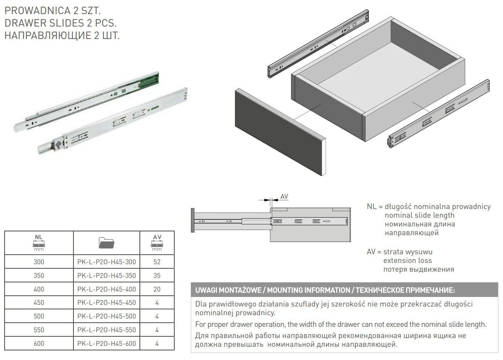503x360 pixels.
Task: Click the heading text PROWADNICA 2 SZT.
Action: pyautogui.click(x=53, y=10)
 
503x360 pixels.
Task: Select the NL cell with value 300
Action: pyautogui.click(x=39, y=262)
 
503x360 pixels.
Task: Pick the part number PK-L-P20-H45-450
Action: pyautogui.click(x=106, y=302)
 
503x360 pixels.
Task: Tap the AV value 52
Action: pyautogui.click(x=157, y=262)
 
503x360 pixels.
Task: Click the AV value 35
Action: pyautogui.click(x=157, y=275)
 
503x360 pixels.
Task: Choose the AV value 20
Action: pyautogui.click(x=157, y=289)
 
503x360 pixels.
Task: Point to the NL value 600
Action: pyautogui.click(x=39, y=343)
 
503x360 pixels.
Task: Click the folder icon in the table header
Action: pyautogui.click(x=106, y=243)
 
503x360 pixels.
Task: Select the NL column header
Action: pyautogui.click(x=39, y=243)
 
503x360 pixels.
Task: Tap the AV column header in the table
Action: pyautogui.click(x=157, y=243)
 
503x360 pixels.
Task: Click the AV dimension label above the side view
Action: pyautogui.click(x=284, y=197)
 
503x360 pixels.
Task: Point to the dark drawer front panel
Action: pyautogui.click(x=278, y=132)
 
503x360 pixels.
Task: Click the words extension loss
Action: pyautogui.click(x=408, y=260)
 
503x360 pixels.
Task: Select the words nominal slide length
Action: pyautogui.click(x=420, y=215)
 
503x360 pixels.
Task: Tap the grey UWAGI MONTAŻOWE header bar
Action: pyautogui.click(x=344, y=290)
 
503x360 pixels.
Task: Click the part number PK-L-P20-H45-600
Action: pyautogui.click(x=106, y=343)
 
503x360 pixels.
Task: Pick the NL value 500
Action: pyautogui.click(x=39, y=316)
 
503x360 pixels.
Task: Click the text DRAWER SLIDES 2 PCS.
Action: pyautogui.click(x=61, y=23)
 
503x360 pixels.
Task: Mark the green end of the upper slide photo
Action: pyautogui.click(x=149, y=80)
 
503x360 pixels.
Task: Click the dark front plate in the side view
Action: pyautogui.click(x=193, y=220)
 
